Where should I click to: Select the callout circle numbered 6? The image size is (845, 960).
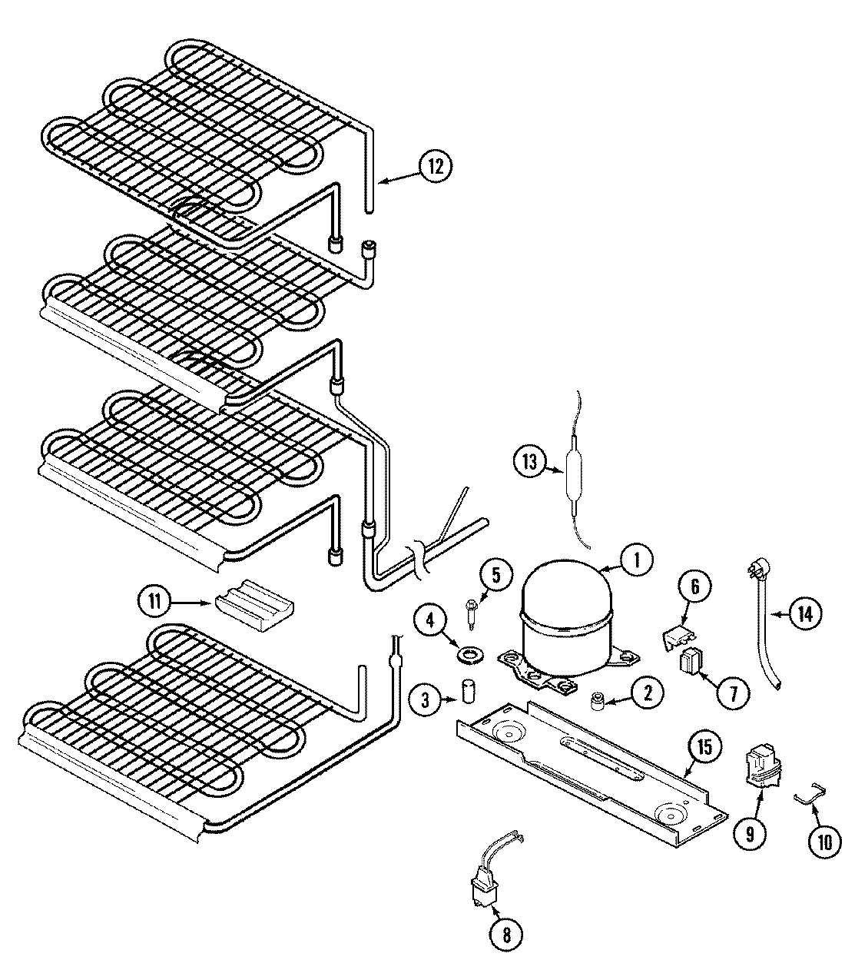(694, 588)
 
